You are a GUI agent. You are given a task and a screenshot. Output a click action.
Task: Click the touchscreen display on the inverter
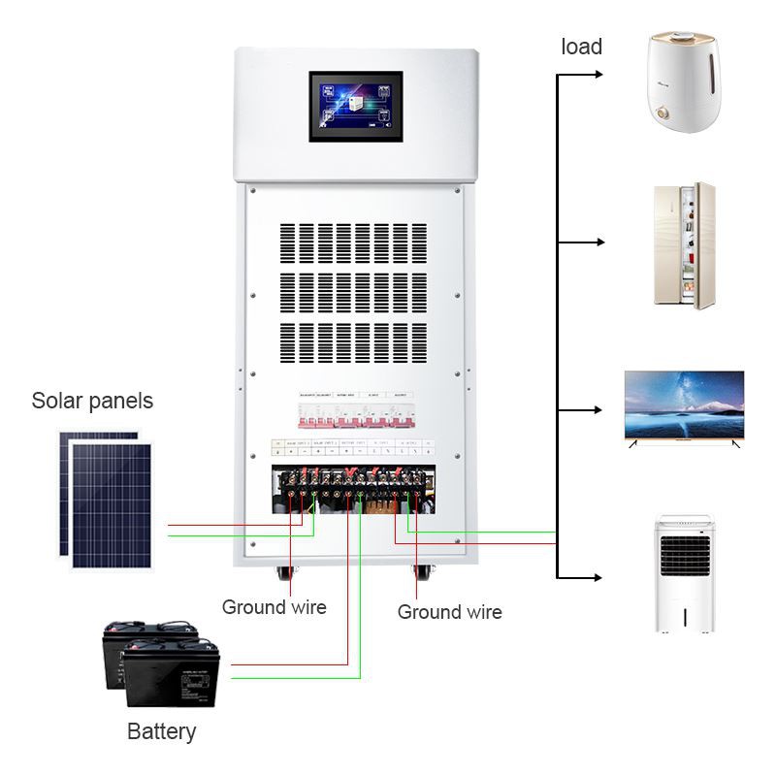(x=355, y=106)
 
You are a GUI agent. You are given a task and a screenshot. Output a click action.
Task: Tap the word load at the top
(x=582, y=47)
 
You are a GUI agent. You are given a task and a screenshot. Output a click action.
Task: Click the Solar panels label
(x=92, y=401)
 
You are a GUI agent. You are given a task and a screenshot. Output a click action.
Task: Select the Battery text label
(x=162, y=731)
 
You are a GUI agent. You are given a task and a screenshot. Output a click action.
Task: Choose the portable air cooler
(x=686, y=574)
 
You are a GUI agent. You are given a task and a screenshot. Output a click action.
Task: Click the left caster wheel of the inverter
(x=286, y=571)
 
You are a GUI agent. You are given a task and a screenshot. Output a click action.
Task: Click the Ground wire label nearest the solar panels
(x=275, y=608)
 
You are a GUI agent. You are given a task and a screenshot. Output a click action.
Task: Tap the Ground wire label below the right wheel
(x=450, y=612)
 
